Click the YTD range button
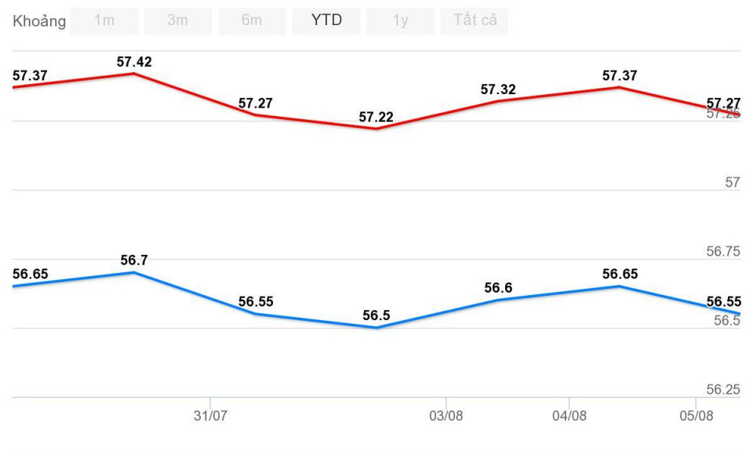(x=326, y=21)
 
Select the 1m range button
(x=104, y=21)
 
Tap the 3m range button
(x=178, y=21)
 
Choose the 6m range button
(x=252, y=21)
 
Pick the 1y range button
(x=400, y=21)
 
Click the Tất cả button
(x=475, y=21)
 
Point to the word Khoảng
(x=39, y=21)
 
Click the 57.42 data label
(x=134, y=61)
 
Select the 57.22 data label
(x=376, y=117)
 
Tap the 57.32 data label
(x=498, y=89)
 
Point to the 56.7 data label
(x=134, y=260)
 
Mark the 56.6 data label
(x=498, y=288)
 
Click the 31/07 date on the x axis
(x=210, y=416)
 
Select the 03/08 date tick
(x=446, y=416)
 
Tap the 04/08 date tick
(x=569, y=416)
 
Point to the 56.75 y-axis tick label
(x=723, y=252)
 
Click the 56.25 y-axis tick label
(x=723, y=390)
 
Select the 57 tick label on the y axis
(x=733, y=183)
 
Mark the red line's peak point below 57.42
(x=134, y=74)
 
